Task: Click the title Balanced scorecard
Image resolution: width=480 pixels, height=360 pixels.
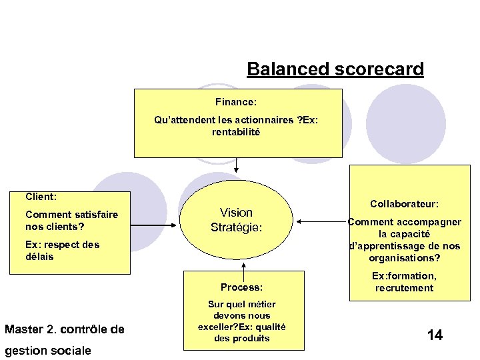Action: (x=335, y=69)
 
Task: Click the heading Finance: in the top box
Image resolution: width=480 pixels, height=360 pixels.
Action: (x=236, y=103)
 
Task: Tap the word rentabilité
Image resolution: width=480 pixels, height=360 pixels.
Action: (x=236, y=132)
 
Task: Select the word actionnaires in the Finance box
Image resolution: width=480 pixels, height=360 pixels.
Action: (x=259, y=121)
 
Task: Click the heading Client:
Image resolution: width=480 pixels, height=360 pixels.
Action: (x=41, y=197)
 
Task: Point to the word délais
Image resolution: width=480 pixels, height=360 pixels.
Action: (x=39, y=257)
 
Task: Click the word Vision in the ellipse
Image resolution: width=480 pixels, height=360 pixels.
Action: (x=237, y=213)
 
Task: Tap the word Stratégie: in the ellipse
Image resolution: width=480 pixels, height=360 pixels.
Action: (x=237, y=227)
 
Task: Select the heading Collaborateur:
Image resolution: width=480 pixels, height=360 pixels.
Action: (x=404, y=204)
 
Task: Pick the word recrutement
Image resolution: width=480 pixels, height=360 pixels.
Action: (x=404, y=288)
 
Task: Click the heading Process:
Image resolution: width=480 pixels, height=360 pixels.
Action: (x=241, y=287)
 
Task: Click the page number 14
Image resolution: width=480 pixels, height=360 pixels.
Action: (x=434, y=335)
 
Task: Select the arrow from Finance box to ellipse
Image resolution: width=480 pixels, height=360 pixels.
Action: (x=236, y=169)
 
